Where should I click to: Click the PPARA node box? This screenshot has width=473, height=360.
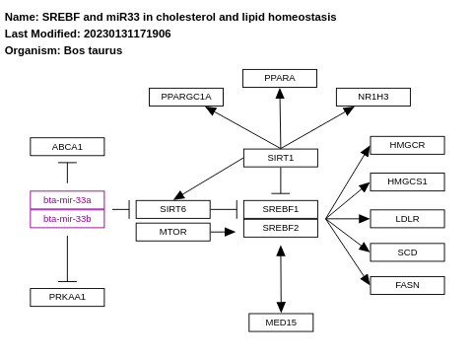coord(279,78)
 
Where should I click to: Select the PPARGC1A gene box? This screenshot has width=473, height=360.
coord(185,97)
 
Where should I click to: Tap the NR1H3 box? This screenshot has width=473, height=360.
coord(372,97)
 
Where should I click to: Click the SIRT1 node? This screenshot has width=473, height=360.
coord(280,158)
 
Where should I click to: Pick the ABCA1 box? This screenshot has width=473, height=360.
coord(67,147)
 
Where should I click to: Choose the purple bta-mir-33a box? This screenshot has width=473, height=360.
coord(67,200)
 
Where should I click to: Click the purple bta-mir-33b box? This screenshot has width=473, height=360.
coord(67,219)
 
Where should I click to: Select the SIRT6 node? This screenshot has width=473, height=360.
coord(172,209)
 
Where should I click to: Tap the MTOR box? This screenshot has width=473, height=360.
coord(172,232)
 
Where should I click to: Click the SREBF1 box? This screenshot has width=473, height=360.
coord(280,209)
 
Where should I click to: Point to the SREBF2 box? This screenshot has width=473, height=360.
coord(280,228)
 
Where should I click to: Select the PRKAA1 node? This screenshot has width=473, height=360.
coord(67,297)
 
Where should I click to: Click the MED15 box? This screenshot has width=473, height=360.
coord(281,323)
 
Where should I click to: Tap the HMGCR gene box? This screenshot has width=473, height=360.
coord(407,145)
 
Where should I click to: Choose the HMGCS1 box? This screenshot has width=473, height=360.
coord(407,181)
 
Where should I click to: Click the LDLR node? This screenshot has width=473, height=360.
coord(407,219)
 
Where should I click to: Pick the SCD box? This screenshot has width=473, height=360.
coord(407,252)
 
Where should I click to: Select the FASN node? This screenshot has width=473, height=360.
coord(407,285)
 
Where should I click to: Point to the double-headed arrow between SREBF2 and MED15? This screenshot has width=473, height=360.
coord(281,278)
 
